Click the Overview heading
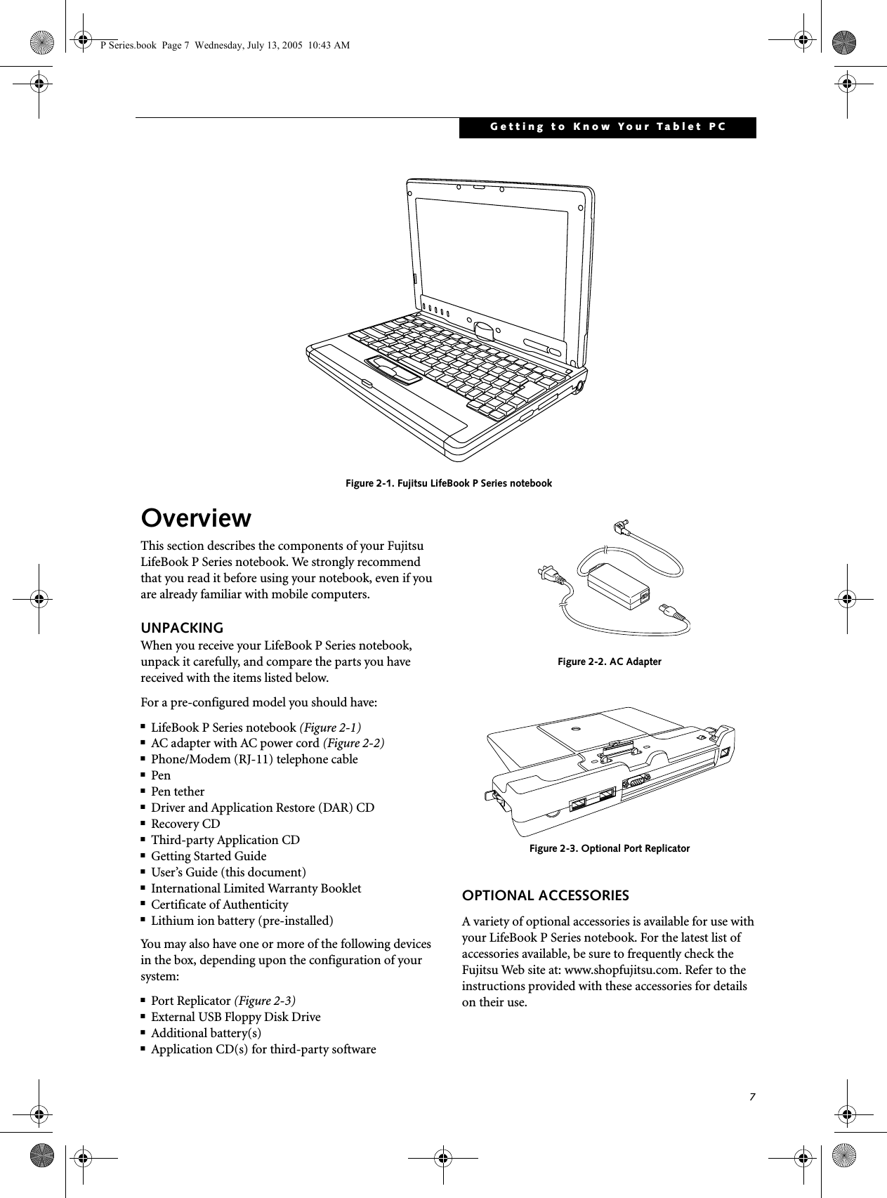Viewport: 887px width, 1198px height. (196, 518)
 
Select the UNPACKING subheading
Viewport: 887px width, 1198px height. (182, 627)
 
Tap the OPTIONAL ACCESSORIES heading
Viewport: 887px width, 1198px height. (545, 895)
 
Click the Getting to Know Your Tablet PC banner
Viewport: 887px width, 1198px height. (607, 127)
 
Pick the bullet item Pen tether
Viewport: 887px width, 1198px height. (178, 791)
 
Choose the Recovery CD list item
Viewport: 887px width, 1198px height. (185, 824)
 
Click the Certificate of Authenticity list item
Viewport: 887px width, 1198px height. (220, 904)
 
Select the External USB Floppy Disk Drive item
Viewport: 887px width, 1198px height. (236, 1017)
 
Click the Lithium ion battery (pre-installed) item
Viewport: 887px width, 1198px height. (242, 921)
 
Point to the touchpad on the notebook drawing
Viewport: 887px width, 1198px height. (393, 367)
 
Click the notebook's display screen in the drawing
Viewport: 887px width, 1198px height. (492, 246)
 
